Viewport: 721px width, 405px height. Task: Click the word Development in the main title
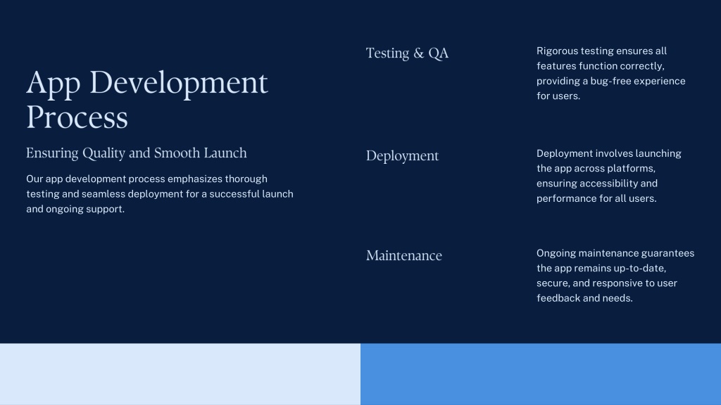[178, 83]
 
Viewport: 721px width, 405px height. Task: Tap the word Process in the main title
[77, 117]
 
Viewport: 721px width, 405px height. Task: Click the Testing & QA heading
[407, 53]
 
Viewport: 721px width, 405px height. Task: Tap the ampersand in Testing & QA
[418, 53]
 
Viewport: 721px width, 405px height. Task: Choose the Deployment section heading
[402, 156]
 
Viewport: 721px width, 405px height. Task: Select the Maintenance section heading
[403, 255]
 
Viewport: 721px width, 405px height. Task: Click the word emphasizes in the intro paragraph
[194, 179]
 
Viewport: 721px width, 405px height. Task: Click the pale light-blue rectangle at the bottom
[180, 374]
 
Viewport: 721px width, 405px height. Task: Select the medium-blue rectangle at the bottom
[541, 374]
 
